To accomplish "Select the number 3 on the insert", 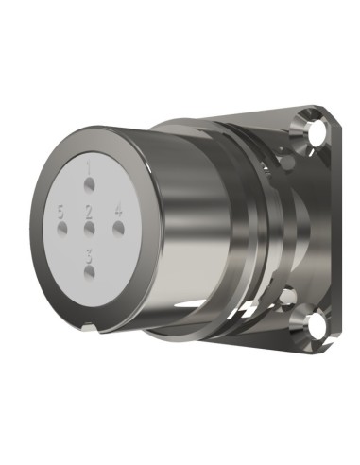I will click(x=89, y=253).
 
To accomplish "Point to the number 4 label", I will click(x=118, y=210).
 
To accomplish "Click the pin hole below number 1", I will click(x=90, y=183).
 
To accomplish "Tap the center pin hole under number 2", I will click(x=89, y=227).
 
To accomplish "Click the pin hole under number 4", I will click(x=118, y=227).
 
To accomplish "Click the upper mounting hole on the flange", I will click(x=314, y=127).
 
